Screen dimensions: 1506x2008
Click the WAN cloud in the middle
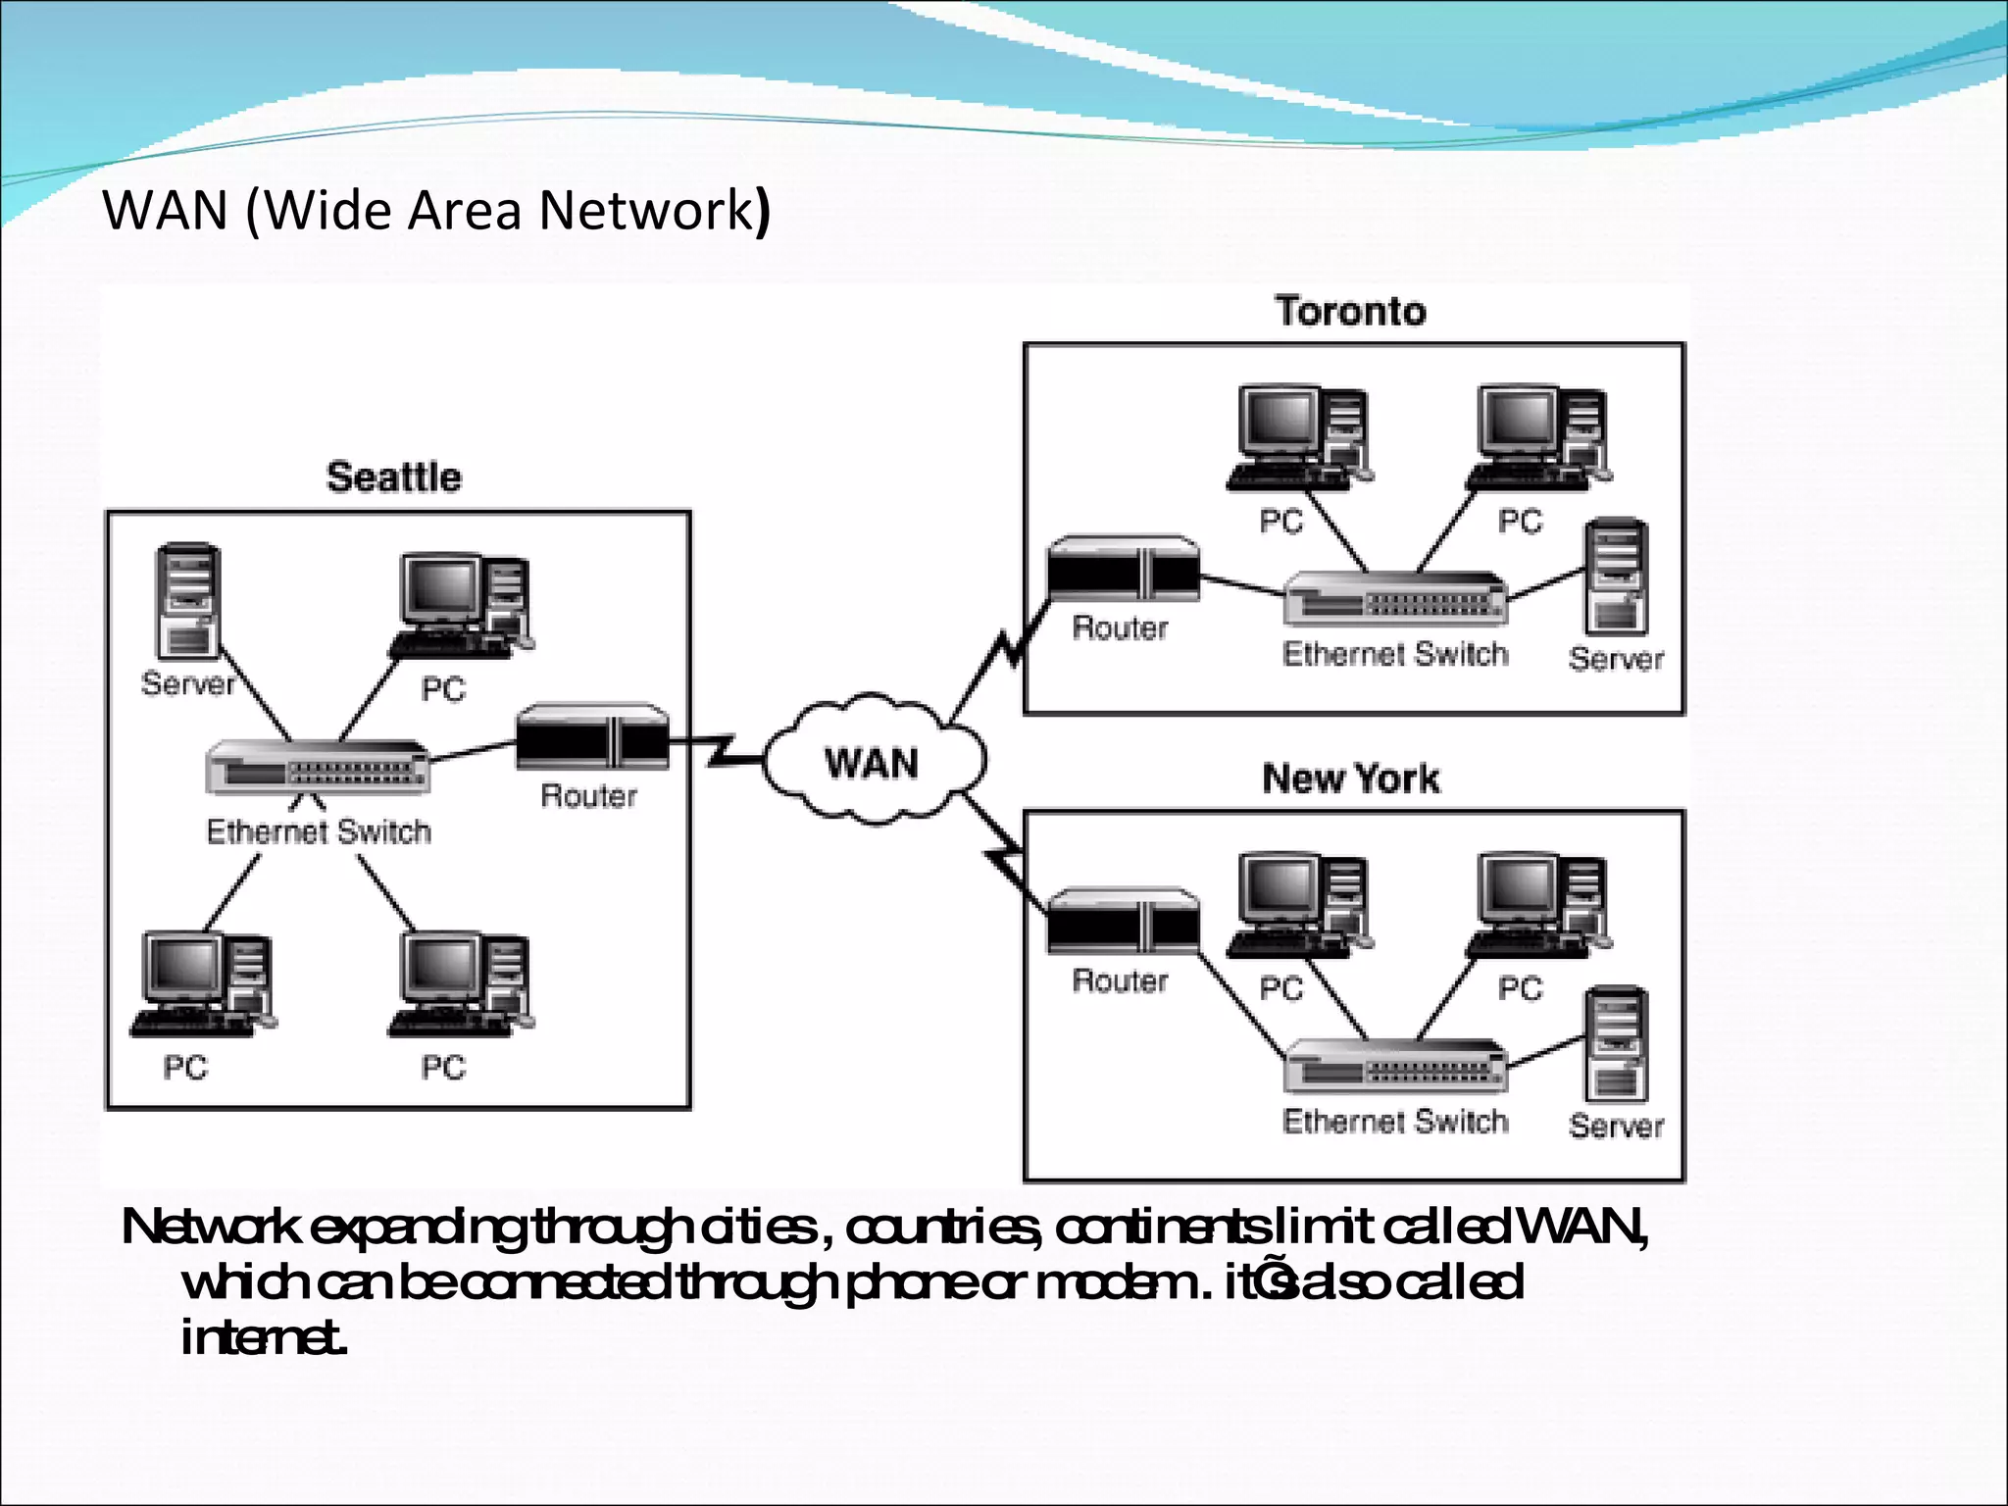pos(873,761)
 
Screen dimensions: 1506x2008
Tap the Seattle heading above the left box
pos(393,477)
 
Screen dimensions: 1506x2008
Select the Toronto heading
pos(1350,311)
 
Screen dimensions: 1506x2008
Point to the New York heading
pos(1350,778)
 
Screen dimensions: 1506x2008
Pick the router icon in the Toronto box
pos(1123,569)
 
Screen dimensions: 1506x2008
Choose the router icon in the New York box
pos(1123,922)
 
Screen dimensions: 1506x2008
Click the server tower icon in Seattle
pos(188,600)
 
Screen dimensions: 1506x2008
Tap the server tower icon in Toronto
pos(1616,578)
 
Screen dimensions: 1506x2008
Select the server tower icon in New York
pos(1616,1045)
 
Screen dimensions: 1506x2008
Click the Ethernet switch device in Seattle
pos(318,768)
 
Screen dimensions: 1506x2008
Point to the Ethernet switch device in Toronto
pos(1395,598)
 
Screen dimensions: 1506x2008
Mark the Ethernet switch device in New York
pos(1395,1066)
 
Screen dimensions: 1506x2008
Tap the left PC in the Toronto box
pos(1299,437)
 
